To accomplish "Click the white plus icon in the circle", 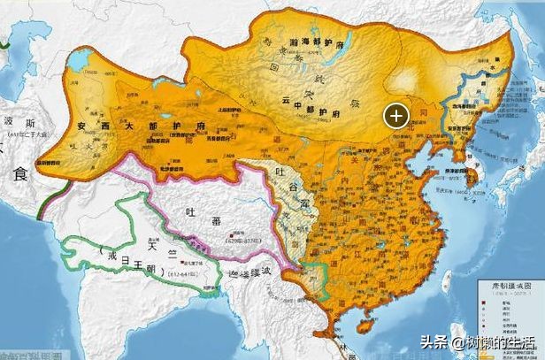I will (x=395, y=114).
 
